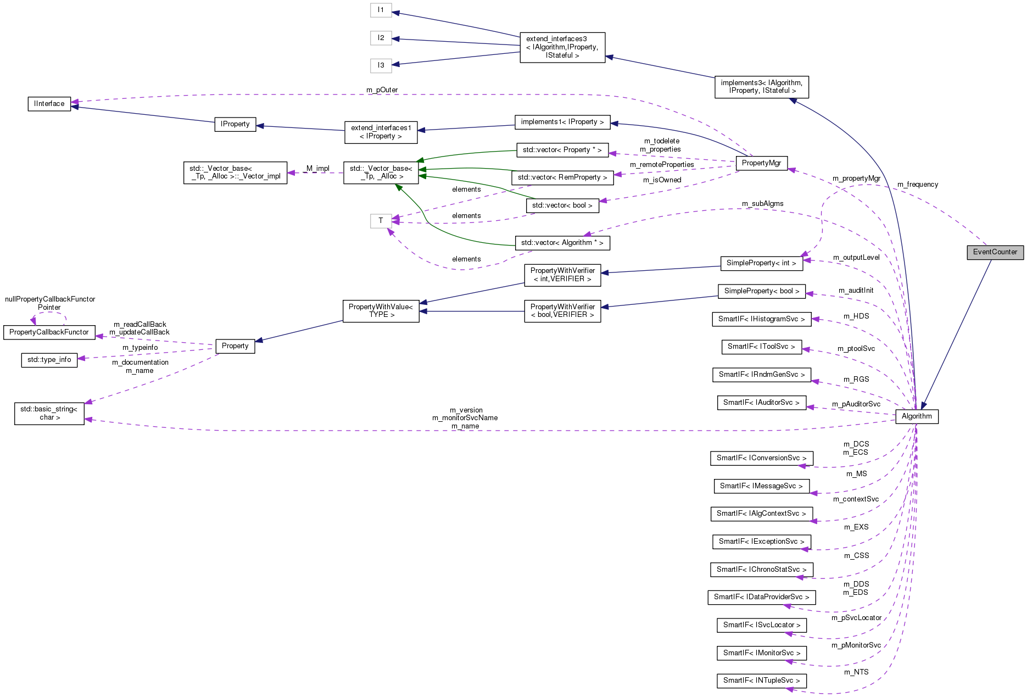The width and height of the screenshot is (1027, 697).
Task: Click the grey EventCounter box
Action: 995,252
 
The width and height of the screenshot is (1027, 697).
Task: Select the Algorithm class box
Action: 916,416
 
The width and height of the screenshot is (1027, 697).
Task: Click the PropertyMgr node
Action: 761,163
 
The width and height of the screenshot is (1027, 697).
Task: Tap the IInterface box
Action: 49,104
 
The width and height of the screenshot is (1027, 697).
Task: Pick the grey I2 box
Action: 381,38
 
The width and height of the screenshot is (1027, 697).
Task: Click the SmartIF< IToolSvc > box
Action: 761,347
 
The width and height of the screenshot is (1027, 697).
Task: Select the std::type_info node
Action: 49,360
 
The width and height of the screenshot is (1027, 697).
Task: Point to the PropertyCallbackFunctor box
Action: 49,332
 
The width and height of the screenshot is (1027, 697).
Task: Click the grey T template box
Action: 381,221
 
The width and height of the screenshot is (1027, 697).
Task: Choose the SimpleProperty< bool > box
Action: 761,291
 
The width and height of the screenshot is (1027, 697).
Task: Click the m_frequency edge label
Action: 917,185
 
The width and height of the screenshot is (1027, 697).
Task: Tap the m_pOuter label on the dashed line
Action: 382,90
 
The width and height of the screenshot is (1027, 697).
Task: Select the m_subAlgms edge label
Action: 762,204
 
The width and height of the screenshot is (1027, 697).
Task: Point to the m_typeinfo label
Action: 140,348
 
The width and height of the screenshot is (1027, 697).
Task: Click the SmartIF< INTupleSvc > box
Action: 761,681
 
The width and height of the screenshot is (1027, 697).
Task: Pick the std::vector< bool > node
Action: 562,205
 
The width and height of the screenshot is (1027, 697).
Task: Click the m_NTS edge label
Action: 856,672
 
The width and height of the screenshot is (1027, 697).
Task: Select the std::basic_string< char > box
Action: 49,414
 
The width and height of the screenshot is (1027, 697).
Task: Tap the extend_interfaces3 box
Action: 562,47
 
